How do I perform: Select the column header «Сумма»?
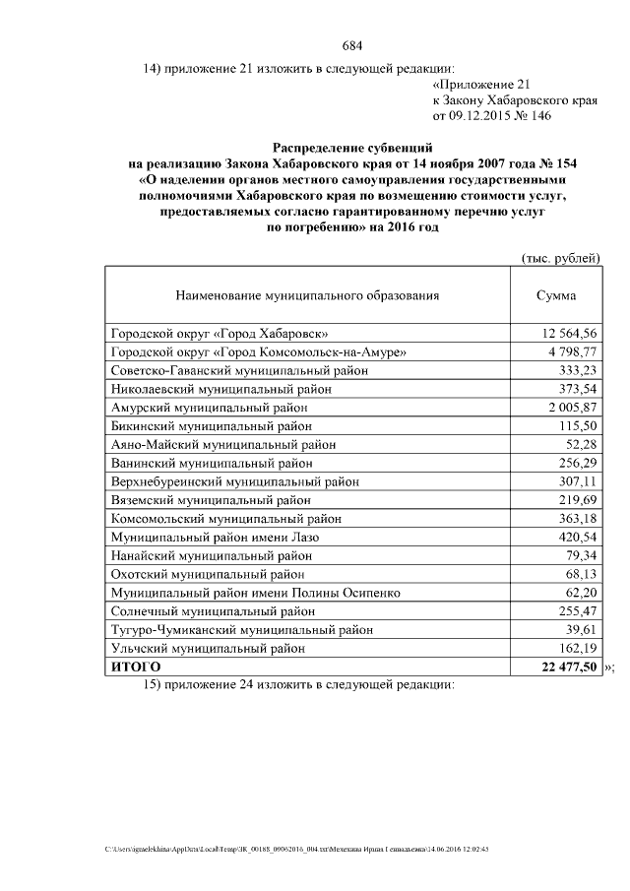pyautogui.click(x=555, y=295)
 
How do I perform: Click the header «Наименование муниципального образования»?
pyautogui.click(x=307, y=295)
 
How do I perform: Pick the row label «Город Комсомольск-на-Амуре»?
pyautogui.click(x=259, y=351)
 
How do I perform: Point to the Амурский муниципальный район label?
pyautogui.click(x=212, y=408)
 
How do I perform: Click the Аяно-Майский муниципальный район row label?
pyautogui.click(x=223, y=445)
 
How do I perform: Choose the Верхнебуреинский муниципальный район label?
pyautogui.click(x=234, y=482)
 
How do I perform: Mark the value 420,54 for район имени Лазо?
pyautogui.click(x=574, y=539)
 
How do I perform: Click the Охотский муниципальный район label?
pyautogui.click(x=208, y=575)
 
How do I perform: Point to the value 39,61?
pyautogui.click(x=578, y=631)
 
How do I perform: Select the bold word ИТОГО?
pyautogui.click(x=136, y=668)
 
